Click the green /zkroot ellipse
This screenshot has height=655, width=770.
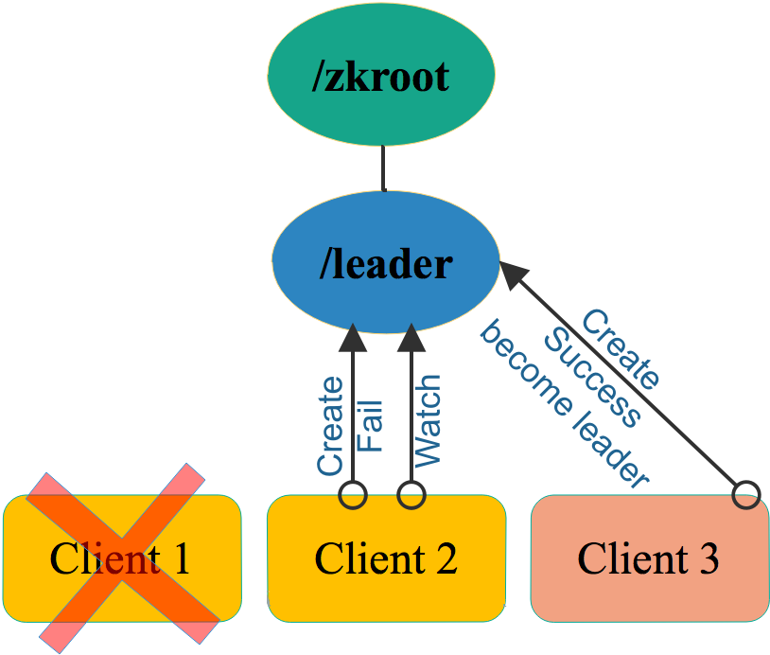[381, 74]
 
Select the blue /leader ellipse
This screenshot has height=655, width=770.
[386, 262]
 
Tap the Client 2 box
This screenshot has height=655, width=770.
[387, 558]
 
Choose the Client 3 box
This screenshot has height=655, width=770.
[650, 558]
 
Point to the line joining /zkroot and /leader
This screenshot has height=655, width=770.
[383, 168]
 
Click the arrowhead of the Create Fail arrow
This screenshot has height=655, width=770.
[353, 338]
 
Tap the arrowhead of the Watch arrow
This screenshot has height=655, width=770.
[411, 338]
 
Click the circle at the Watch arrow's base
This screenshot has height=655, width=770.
[411, 495]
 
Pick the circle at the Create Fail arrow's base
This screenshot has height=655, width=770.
[353, 495]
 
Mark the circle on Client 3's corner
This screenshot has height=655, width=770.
[746, 495]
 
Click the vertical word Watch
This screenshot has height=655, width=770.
[428, 420]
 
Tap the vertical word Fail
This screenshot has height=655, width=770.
[369, 426]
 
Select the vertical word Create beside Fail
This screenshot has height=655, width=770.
[330, 426]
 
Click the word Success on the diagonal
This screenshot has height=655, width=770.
[593, 378]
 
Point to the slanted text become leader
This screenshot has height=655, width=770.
[565, 404]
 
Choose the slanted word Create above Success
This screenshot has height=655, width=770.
[621, 349]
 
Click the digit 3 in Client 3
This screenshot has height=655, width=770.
[709, 558]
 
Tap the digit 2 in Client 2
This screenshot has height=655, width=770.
[446, 558]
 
